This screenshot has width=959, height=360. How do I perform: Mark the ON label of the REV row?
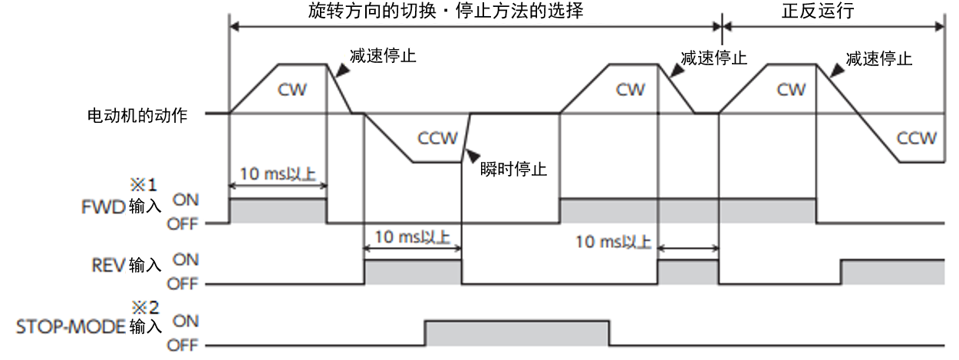(x=185, y=259)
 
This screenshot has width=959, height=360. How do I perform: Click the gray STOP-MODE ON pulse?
(x=517, y=333)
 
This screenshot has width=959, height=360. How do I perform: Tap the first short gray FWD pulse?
(x=278, y=211)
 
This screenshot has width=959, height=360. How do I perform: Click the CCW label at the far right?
(x=917, y=138)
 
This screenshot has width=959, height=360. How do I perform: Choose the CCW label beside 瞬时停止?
(x=438, y=138)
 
